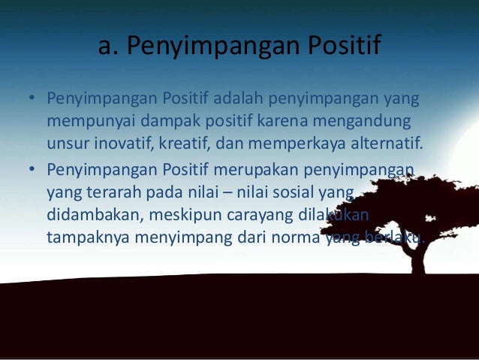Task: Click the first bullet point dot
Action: [32, 100]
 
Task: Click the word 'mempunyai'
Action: [84, 121]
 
